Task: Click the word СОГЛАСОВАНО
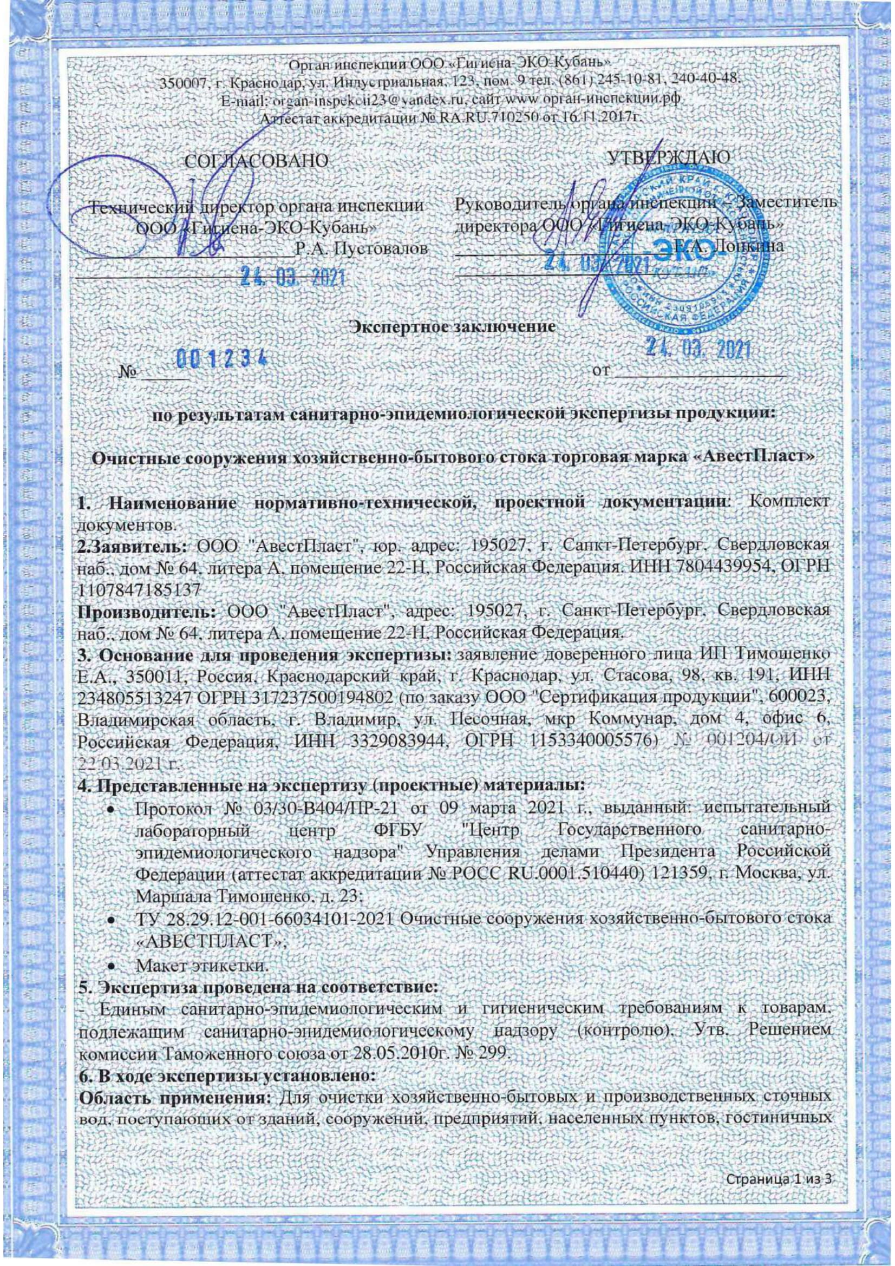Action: click(x=257, y=160)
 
